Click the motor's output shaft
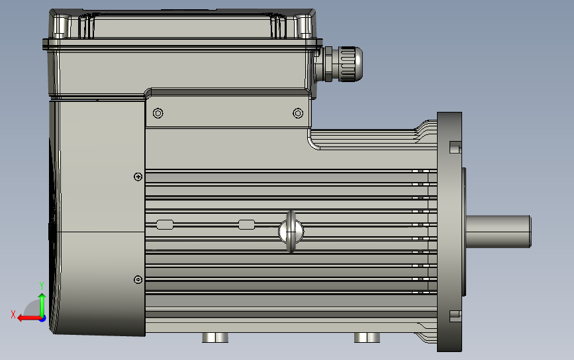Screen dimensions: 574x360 pyautogui.click(x=499, y=231)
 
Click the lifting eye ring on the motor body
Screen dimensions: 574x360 pyautogui.click(x=291, y=232)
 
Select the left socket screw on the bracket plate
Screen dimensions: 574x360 pyautogui.click(x=158, y=113)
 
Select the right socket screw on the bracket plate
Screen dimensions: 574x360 pyautogui.click(x=298, y=113)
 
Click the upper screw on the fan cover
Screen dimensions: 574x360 pyautogui.click(x=138, y=177)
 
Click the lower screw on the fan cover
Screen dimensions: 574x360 pyautogui.click(x=138, y=280)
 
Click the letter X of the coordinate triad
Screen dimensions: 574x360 pyautogui.click(x=13, y=314)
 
